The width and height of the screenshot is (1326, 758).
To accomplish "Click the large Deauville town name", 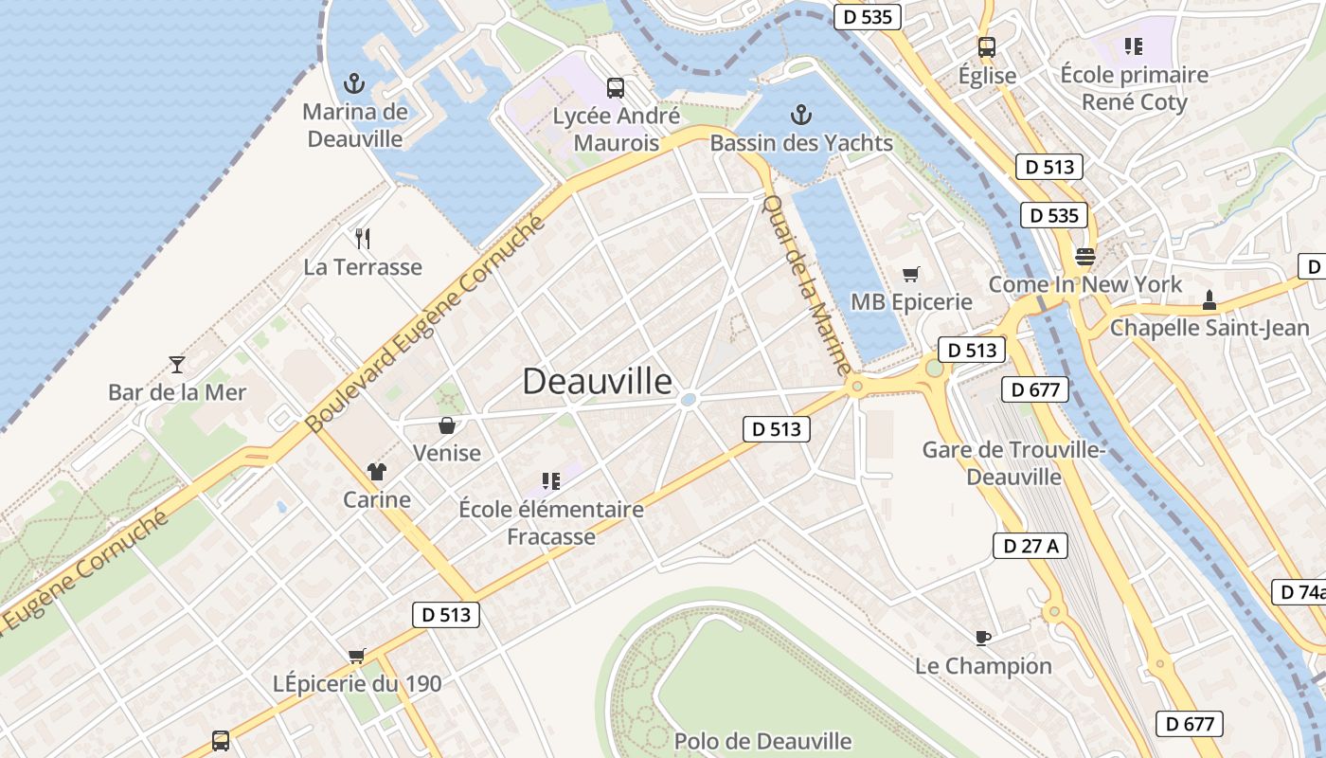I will pos(598,381).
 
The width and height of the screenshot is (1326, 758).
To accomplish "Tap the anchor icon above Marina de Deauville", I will pos(354,83).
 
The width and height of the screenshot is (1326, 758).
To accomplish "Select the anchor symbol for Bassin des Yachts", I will pos(801,116).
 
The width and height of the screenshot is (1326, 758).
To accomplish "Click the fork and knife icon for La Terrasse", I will pos(362,238).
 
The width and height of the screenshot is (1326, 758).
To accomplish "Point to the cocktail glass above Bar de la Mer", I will pos(176,364).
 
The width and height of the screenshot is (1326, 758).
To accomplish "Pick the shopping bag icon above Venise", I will pos(447,425).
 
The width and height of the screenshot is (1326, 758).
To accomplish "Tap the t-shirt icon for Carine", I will pos(377,472).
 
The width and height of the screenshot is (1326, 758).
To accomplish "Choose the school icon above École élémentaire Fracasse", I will pos(550,481).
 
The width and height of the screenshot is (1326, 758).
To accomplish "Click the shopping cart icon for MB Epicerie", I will pos(911,275).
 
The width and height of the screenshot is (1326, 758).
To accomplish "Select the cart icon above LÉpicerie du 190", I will pos(357,656).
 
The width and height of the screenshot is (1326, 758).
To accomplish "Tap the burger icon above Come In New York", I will pos(1084,256).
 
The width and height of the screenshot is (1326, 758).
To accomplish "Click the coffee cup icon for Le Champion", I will pos(983,638).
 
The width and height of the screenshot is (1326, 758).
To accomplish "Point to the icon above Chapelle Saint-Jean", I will pos(1209,300).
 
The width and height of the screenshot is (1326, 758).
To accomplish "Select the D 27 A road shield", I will pos(1030,546).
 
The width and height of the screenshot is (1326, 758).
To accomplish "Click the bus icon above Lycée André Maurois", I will pos(616,88).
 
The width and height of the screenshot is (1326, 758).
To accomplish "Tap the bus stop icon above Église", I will pos(987,46).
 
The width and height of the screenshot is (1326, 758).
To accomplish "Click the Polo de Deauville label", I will pos(762,741).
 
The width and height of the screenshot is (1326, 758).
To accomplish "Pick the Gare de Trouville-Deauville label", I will pos(1013,462).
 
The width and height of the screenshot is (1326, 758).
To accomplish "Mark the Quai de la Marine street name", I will pos(807,284).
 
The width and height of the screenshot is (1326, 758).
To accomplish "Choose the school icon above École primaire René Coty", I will pos(1134,45).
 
